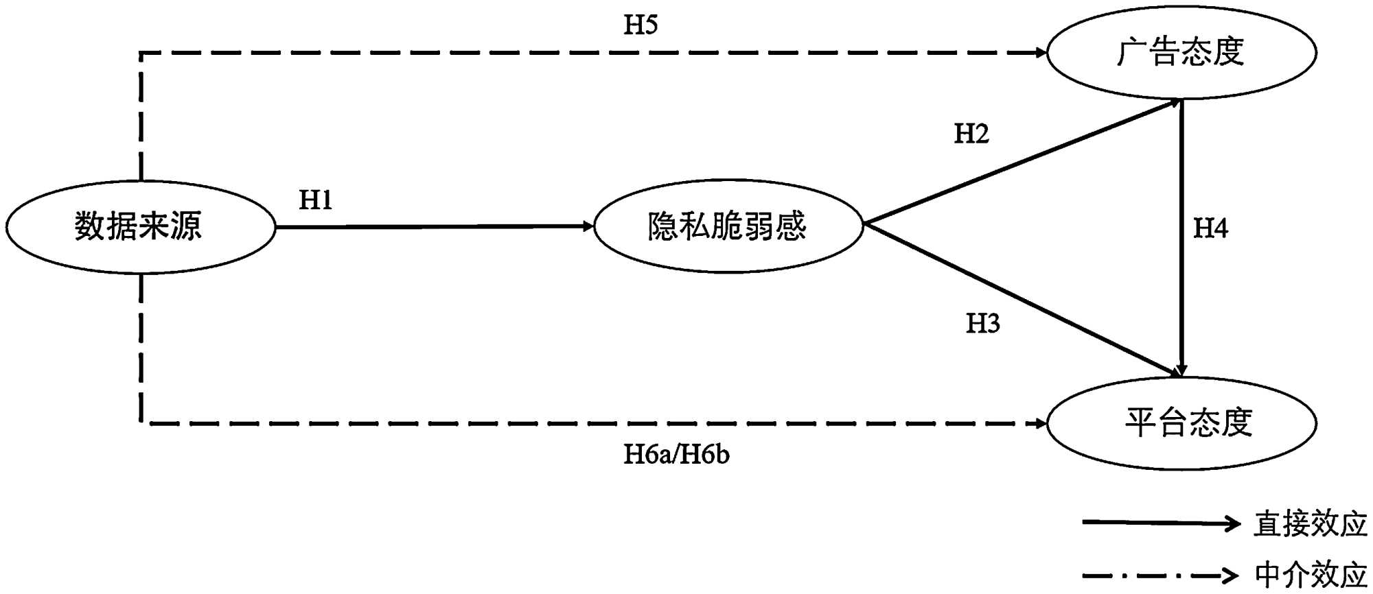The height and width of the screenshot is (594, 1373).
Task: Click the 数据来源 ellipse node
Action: tap(140, 226)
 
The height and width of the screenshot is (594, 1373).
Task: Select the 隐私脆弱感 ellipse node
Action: tap(728, 226)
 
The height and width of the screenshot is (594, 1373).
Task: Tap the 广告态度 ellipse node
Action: tap(1181, 52)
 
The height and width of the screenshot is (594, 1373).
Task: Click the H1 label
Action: tap(316, 200)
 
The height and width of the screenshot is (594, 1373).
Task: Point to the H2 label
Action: tap(971, 134)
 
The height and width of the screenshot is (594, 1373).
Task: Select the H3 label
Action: tap(983, 323)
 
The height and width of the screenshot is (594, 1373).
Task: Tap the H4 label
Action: tap(1210, 228)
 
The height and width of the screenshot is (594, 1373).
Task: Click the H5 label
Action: tap(641, 25)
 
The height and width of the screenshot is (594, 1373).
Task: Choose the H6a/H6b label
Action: tap(676, 454)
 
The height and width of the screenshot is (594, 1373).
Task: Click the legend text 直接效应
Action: tap(1311, 524)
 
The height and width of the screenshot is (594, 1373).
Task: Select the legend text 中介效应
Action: tap(1311, 575)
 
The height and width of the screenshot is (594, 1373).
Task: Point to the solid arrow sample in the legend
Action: tap(1160, 523)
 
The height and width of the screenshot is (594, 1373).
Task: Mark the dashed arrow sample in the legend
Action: tap(1160, 575)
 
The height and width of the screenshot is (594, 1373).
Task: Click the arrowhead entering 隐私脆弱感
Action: tap(587, 226)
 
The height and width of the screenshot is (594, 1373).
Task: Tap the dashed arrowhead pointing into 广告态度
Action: tap(1040, 52)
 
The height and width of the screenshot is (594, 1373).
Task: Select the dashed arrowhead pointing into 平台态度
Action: tap(1040, 423)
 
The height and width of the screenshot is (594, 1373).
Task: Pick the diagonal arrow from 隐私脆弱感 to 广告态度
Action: tap(1023, 162)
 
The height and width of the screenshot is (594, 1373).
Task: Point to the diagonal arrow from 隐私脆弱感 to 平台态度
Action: tap(1023, 300)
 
